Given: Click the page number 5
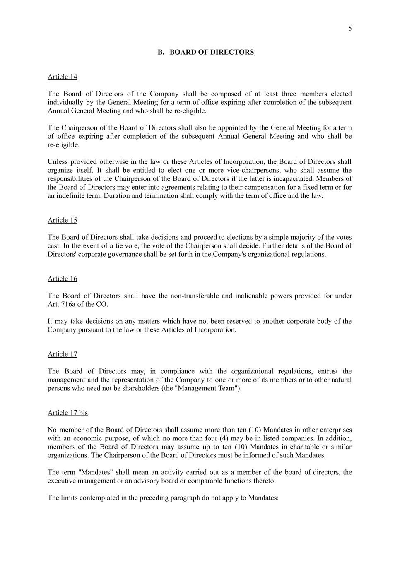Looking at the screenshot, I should pyautogui.click(x=350, y=28).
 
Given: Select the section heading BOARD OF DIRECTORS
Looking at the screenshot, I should pyautogui.click(x=212, y=52).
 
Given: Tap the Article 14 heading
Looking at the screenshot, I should pyautogui.click(x=62, y=77).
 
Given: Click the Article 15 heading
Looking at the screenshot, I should pyautogui.click(x=62, y=220).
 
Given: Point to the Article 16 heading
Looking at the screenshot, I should pyautogui.click(x=62, y=279).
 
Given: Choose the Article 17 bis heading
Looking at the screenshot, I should pyautogui.click(x=67, y=413).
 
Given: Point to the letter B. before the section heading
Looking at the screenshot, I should pyautogui.click(x=161, y=52).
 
